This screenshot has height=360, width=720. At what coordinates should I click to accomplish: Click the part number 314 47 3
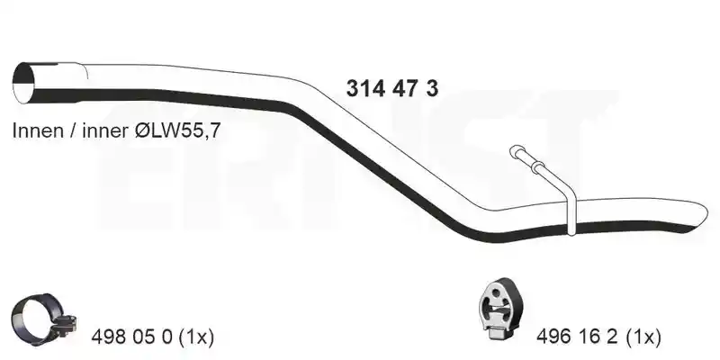coord(392,88)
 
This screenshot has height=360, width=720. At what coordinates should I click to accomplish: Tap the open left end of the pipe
coord(24,83)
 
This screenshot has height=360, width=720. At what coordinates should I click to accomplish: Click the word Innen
coord(38,130)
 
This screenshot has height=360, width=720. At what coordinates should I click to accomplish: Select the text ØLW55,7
coord(177,131)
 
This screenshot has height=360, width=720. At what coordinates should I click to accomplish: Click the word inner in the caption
coord(105,131)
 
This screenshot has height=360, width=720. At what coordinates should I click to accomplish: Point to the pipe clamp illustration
coord(42,319)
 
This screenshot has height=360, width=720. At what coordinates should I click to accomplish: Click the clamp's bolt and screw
coord(64,324)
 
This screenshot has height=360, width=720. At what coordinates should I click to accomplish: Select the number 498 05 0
coord(131,337)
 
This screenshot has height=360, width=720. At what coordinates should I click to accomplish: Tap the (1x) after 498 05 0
coord(195,337)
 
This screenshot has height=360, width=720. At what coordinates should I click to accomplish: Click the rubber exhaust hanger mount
coord(499,309)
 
